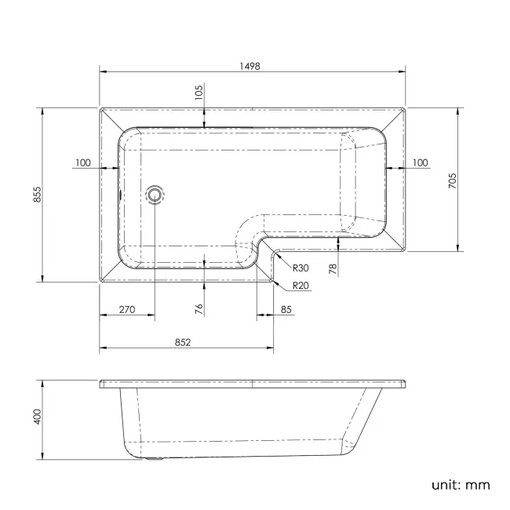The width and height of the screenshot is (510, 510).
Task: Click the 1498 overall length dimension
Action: (x=252, y=67)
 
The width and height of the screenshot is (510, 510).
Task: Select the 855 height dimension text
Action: (x=36, y=195)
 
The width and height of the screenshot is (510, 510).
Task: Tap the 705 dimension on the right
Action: (x=453, y=180)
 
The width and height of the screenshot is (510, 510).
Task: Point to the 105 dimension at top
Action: (x=199, y=93)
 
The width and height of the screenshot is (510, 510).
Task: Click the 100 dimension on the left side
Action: (x=82, y=163)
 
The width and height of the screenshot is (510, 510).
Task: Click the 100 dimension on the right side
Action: (x=420, y=163)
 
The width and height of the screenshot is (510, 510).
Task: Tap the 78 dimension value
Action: (x=333, y=269)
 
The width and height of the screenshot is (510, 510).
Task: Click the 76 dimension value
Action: (x=199, y=309)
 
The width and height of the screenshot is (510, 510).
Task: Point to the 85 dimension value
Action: (x=286, y=310)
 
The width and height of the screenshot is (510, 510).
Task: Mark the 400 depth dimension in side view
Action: (x=36, y=417)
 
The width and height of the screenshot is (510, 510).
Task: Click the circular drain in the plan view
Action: (x=155, y=194)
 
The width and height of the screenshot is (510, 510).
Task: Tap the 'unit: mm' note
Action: (x=460, y=485)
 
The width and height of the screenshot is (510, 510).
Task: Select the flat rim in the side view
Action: (x=252, y=384)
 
